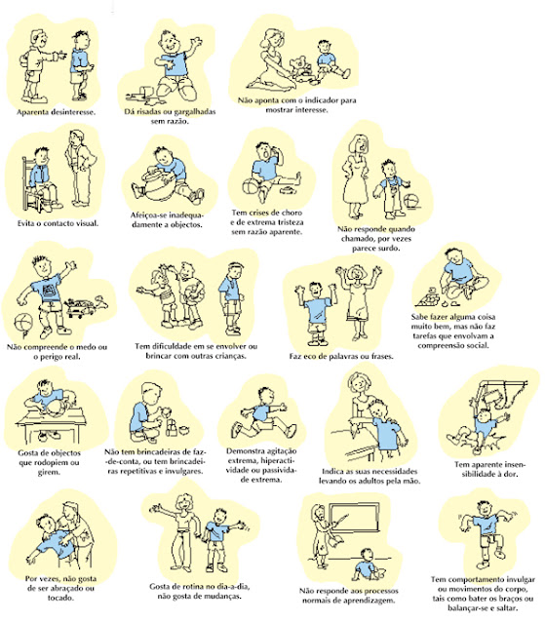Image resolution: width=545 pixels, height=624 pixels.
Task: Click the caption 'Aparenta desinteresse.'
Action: [x=57, y=112]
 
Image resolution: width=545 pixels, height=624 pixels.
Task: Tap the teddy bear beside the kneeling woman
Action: [x=300, y=67]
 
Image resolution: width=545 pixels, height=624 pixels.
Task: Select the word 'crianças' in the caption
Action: [x=229, y=356]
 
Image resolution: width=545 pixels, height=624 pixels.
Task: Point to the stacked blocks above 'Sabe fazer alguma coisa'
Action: [x=428, y=297]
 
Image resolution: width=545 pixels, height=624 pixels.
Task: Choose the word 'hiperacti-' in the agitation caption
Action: [x=280, y=460]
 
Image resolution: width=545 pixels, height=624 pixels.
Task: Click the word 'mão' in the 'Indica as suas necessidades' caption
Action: [x=412, y=481]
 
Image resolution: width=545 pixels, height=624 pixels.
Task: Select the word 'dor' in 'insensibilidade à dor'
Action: [x=511, y=474]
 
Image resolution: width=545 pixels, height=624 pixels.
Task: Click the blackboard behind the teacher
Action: [x=354, y=517]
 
